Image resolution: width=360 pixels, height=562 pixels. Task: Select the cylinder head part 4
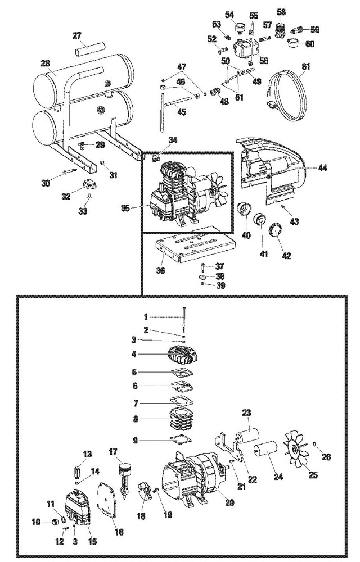point(181,356)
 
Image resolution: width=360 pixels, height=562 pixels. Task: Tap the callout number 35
point(125,209)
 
